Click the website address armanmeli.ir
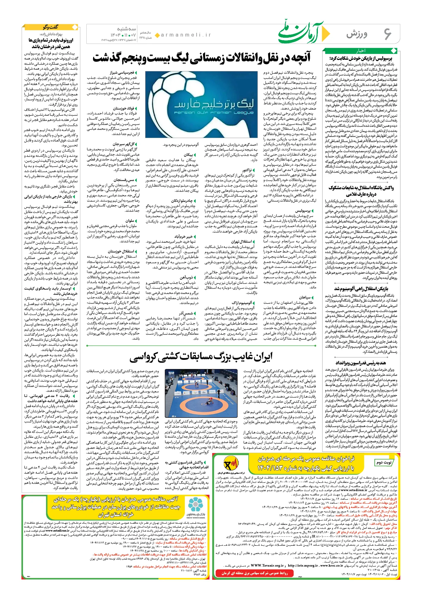(186, 35)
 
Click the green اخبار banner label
(361, 51)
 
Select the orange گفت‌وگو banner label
(51, 27)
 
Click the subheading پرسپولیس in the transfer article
(303, 211)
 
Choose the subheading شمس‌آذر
(187, 313)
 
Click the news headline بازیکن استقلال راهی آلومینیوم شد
(361, 289)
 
